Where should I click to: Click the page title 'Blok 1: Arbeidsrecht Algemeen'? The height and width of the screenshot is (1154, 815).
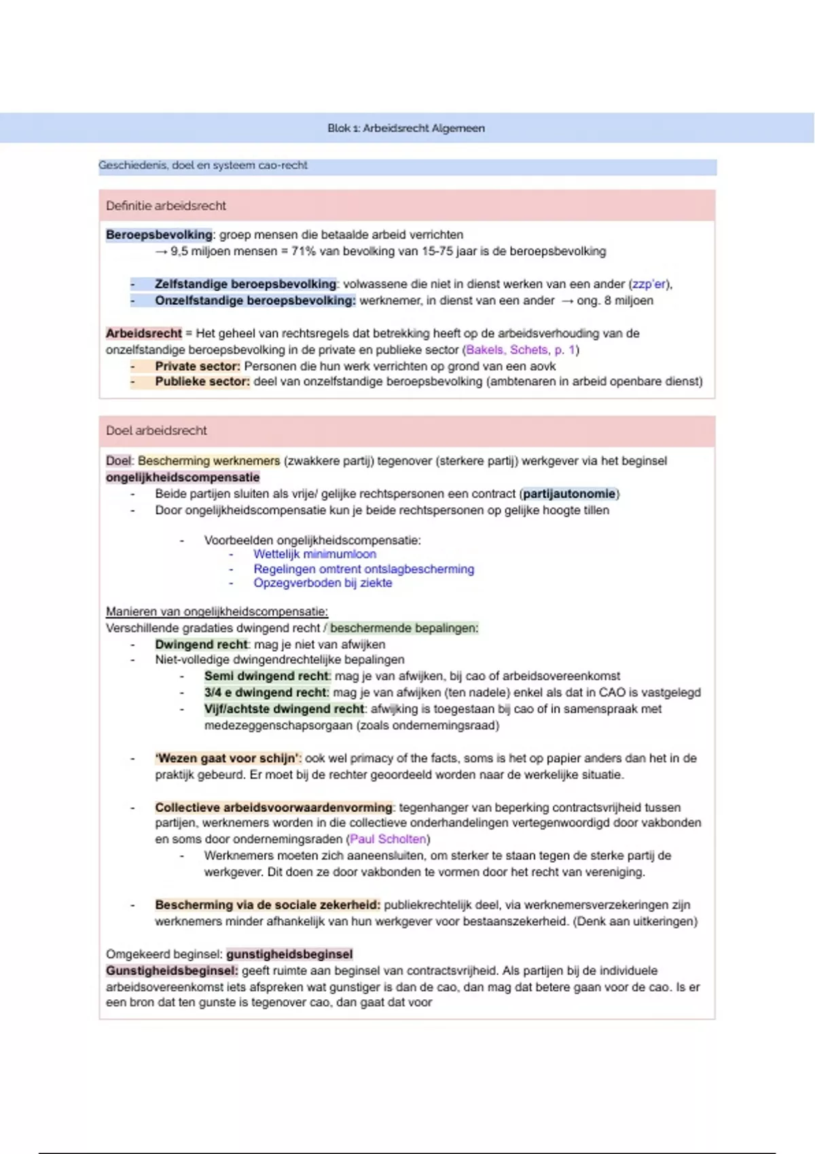[x=406, y=128]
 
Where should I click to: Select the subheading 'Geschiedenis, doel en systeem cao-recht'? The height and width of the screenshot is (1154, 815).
[x=203, y=165]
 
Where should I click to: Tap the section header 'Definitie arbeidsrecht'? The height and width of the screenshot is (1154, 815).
[x=166, y=206]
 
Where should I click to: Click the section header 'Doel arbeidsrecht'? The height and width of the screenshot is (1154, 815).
[x=156, y=430]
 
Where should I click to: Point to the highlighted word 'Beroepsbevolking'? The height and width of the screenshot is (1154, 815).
[x=159, y=235]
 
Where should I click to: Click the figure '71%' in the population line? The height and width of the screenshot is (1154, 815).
[x=303, y=251]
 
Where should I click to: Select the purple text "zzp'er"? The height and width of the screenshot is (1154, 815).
[x=649, y=284]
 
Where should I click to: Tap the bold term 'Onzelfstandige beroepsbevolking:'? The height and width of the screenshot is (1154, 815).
[x=255, y=301]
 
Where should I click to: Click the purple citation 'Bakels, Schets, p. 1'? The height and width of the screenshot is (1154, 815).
[x=520, y=350]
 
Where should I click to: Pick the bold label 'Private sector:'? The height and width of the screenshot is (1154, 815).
[x=197, y=366]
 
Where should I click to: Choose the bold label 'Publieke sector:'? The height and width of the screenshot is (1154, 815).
[x=202, y=381]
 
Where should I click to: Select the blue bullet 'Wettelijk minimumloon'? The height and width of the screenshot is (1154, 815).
[x=314, y=554]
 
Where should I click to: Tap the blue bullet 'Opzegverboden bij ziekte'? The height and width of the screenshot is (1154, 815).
[x=323, y=583]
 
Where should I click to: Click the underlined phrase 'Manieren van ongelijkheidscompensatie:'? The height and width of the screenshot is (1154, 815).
[x=217, y=612]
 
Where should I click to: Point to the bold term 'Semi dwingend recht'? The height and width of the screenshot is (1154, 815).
[x=266, y=676]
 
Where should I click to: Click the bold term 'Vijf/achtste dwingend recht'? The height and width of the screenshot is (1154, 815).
[x=284, y=709]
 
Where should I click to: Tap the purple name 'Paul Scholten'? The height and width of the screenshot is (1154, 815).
[x=388, y=839]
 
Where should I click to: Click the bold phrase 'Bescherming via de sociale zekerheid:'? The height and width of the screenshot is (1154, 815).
[x=268, y=905]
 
